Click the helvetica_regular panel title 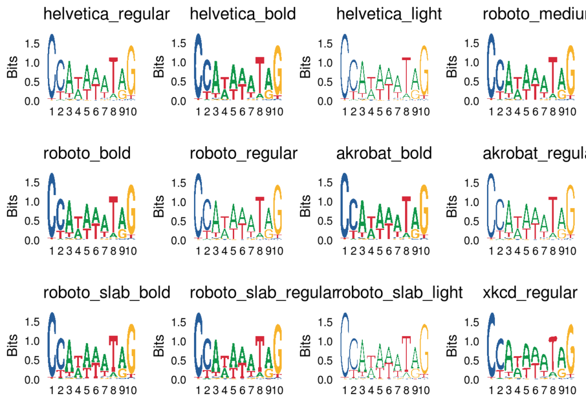tap(106, 14)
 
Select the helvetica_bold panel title tap(243, 14)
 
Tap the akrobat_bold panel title tap(384, 153)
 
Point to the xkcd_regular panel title tap(530, 293)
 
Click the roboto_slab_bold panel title tap(106, 293)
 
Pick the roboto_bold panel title tap(87, 153)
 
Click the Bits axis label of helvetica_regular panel tap(12, 67)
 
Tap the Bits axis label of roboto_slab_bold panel tap(12, 347)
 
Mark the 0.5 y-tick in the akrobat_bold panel tap(326, 221)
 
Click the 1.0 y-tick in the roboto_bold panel tap(33, 201)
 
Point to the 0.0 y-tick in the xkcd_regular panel tap(472, 379)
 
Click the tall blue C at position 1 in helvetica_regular tap(52, 66)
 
